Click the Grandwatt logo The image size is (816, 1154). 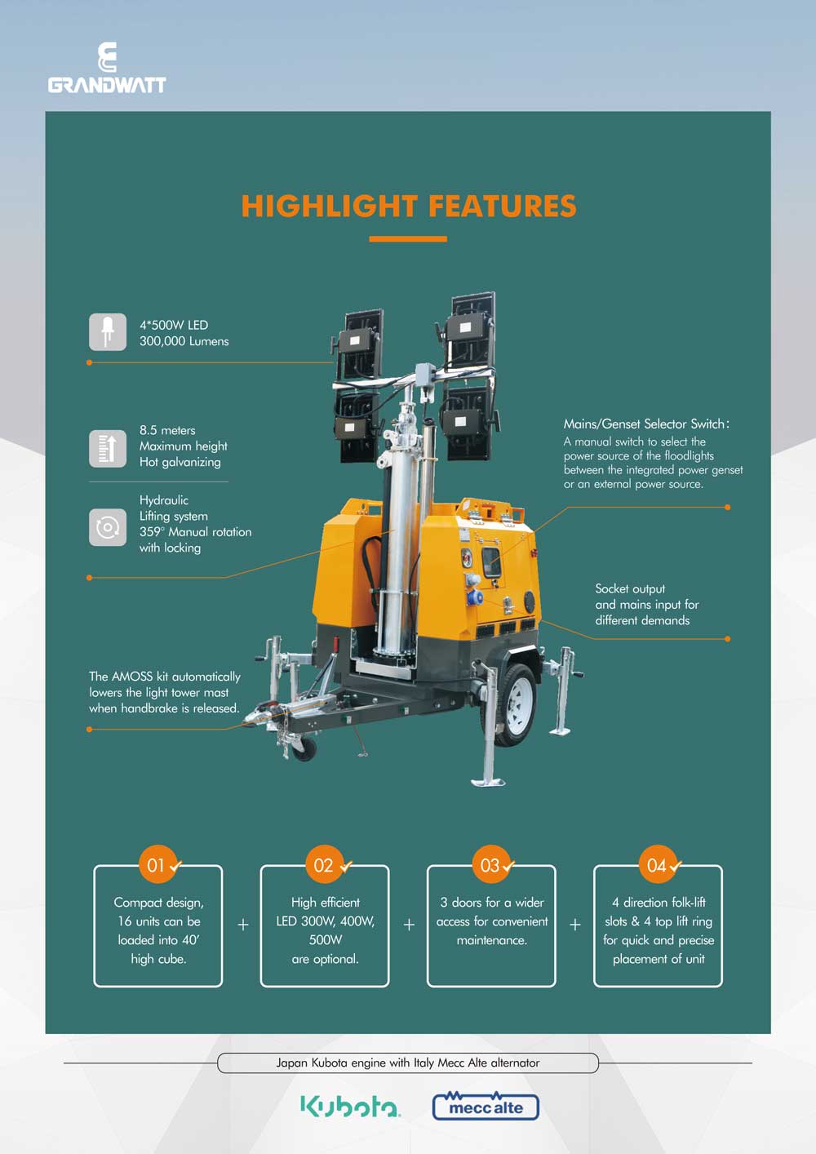[x=107, y=68]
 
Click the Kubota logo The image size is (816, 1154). [x=350, y=1106]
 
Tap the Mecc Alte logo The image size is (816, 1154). [x=486, y=1106]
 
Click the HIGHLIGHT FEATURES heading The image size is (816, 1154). [x=409, y=206]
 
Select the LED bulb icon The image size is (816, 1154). [x=108, y=332]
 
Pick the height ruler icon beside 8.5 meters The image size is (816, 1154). [x=108, y=448]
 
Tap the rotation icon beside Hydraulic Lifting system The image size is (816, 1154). [x=108, y=527]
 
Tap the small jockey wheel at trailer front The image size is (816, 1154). [x=304, y=749]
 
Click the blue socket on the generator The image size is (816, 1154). [x=474, y=597]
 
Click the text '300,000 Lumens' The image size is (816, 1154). [x=184, y=342]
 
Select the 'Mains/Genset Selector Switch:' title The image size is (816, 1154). [x=646, y=424]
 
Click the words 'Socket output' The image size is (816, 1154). [x=630, y=589]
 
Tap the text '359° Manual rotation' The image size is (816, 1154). [x=195, y=531]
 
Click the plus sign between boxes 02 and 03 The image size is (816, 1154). [x=409, y=924]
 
